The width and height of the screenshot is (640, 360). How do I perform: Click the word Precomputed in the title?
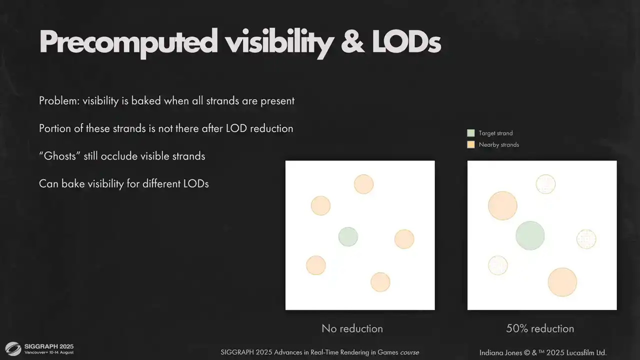pos(128,43)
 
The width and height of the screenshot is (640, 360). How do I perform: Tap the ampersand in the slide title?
pos(353,42)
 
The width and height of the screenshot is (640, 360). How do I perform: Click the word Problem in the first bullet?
pos(59,101)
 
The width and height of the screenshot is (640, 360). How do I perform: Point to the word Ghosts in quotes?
pos(59,156)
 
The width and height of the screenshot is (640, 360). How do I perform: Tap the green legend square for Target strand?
pos(471,133)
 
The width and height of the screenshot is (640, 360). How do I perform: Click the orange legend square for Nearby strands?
pos(471,144)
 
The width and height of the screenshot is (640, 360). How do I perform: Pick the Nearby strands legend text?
pos(499,144)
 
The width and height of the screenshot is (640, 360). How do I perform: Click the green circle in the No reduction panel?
pos(348,236)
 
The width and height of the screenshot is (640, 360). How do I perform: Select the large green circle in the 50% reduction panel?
pos(530,235)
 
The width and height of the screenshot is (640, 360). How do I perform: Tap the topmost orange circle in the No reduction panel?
pos(363,184)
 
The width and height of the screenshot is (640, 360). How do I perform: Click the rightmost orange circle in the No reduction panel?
pos(404,239)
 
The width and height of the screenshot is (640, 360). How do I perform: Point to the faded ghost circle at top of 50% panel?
pos(545,184)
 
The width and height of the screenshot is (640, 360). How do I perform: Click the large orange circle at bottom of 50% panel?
pos(562,282)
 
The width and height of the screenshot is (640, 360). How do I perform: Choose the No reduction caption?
pos(352,328)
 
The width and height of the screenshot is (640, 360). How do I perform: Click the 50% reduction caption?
pos(540,328)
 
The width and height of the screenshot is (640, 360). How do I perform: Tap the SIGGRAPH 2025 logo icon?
pos(13,349)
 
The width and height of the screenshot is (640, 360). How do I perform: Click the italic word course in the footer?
pos(409,352)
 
